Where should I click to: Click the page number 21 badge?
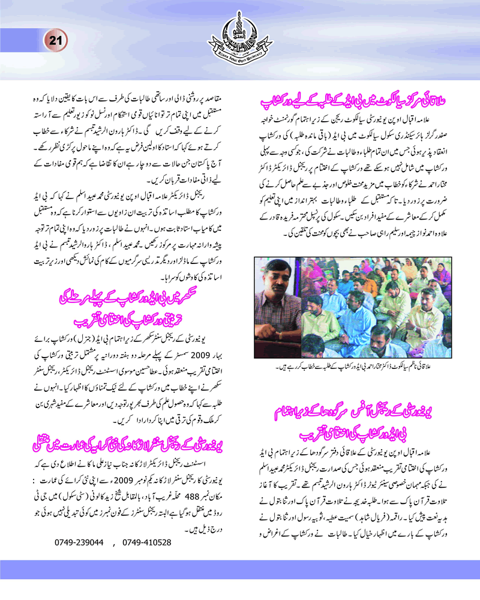pos(55,41)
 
